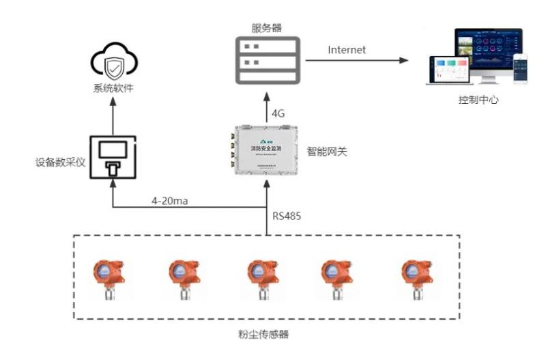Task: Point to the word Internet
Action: pyautogui.click(x=347, y=50)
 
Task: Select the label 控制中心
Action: pyautogui.click(x=478, y=100)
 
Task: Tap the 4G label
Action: pyautogui.click(x=278, y=113)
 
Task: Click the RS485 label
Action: pyautogui.click(x=287, y=217)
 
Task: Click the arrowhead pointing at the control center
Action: pyautogui.click(x=405, y=60)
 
